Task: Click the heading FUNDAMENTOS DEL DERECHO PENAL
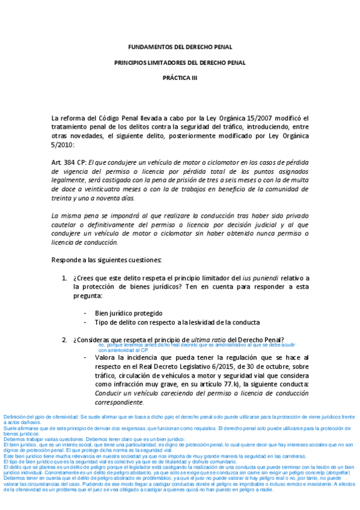tap(180, 47)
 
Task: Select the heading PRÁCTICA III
tap(180, 78)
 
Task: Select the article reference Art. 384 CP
tap(69, 162)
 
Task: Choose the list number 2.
tap(65, 340)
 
